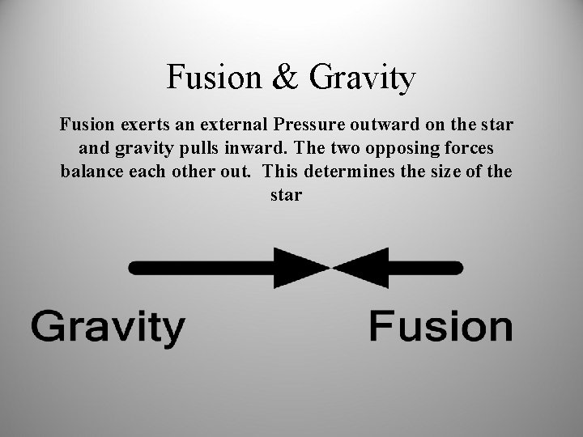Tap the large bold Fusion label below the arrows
[x=440, y=328]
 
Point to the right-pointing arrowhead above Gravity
[x=301, y=268]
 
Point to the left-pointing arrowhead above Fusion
[x=361, y=268]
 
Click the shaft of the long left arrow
[x=202, y=268]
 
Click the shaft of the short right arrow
[x=425, y=268]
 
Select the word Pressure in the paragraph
[x=317, y=126]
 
